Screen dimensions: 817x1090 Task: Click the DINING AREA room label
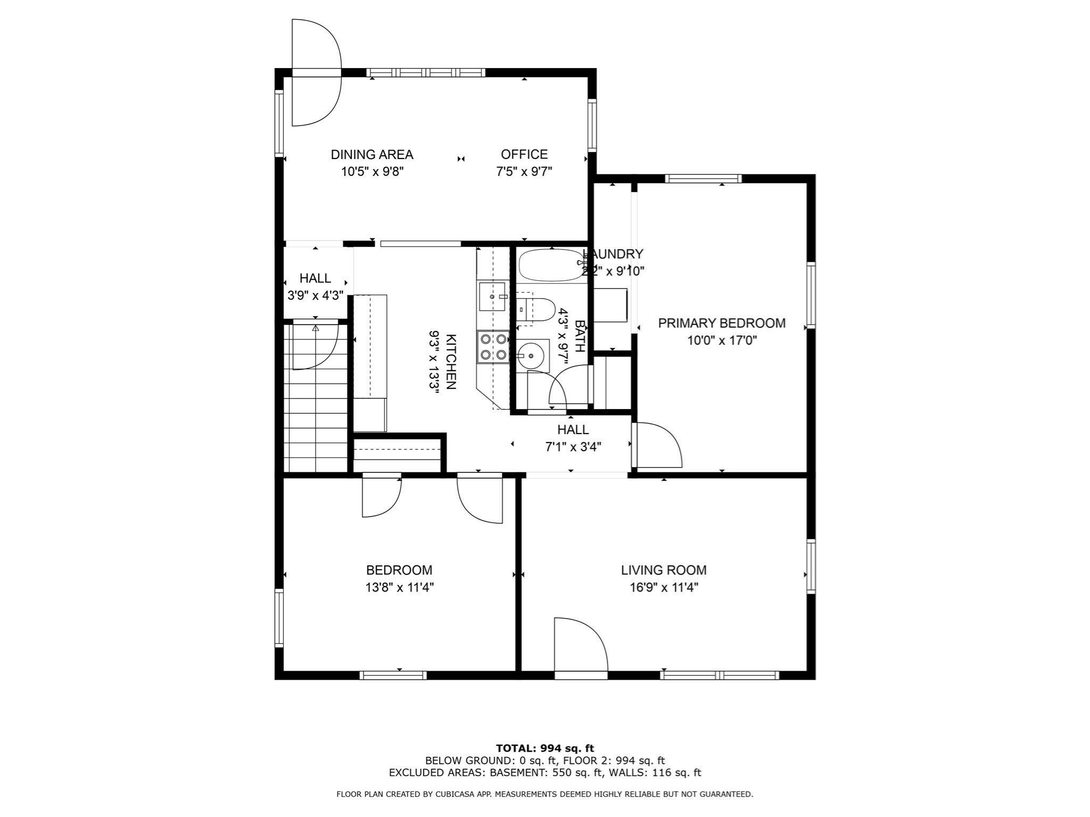371,155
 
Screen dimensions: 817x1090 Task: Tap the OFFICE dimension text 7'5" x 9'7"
524,172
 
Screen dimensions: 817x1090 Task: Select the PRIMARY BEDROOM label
721,323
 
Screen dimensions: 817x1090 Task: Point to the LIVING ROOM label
663,570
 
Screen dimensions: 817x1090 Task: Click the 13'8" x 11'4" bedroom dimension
399,588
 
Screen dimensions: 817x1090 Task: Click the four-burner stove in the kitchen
493,347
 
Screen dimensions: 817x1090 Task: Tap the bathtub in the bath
551,265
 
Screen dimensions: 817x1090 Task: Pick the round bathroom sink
531,356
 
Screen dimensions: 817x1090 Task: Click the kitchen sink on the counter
492,296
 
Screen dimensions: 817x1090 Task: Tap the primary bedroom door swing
658,445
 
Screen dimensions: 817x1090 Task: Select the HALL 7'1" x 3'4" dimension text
573,447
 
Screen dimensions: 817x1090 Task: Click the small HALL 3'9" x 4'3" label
315,278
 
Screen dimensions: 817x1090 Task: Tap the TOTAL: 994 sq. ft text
544,748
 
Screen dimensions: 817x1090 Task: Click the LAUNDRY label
613,254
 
